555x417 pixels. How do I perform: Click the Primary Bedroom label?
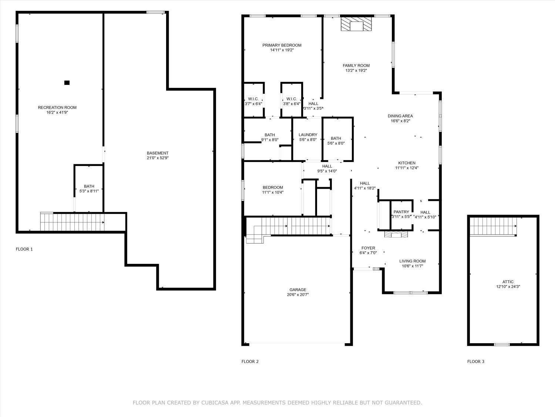pyautogui.click(x=282, y=45)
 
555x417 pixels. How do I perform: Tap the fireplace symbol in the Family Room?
pyautogui.click(x=356, y=25)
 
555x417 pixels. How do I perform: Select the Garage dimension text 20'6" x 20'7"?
pyautogui.click(x=297, y=295)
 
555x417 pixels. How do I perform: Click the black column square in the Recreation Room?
pyautogui.click(x=67, y=83)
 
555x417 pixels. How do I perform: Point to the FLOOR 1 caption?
pyautogui.click(x=24, y=249)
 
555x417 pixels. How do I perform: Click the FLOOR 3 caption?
pyautogui.click(x=475, y=361)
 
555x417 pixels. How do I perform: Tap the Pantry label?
pyautogui.click(x=401, y=212)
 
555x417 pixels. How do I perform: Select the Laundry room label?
pyautogui.click(x=308, y=135)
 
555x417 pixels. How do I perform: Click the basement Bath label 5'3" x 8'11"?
pyautogui.click(x=89, y=191)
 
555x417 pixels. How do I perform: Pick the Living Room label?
pyautogui.click(x=412, y=261)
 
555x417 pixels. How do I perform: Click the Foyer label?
pyautogui.click(x=368, y=248)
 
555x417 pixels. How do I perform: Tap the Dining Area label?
pyautogui.click(x=400, y=116)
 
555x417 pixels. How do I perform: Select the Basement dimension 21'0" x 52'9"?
pyautogui.click(x=158, y=158)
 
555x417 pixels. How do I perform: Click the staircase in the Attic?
pyautogui.click(x=493, y=226)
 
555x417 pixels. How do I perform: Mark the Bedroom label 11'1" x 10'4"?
pyautogui.click(x=273, y=188)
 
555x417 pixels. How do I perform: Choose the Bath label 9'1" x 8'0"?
pyautogui.click(x=270, y=135)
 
